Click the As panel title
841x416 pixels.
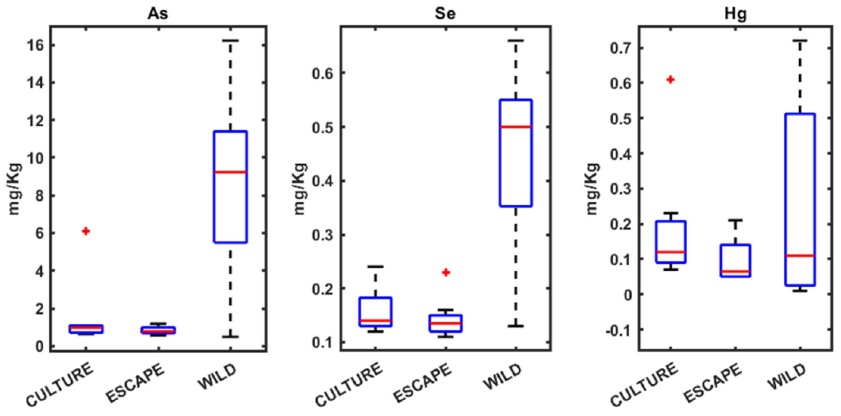click(x=158, y=14)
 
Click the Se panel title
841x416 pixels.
click(x=445, y=14)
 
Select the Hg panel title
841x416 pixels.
click(x=735, y=14)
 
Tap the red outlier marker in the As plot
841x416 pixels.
click(x=86, y=231)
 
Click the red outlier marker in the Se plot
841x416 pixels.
click(x=446, y=272)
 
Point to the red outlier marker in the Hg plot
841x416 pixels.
click(x=670, y=80)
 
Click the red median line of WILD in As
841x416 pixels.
click(x=230, y=172)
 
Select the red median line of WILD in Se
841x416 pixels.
click(x=516, y=127)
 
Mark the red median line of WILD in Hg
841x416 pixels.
click(x=800, y=255)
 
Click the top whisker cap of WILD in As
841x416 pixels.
click(x=230, y=41)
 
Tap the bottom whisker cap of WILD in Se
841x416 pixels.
click(x=516, y=326)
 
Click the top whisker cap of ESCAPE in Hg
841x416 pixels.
click(x=735, y=220)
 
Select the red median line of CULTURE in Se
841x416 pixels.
click(x=375, y=320)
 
